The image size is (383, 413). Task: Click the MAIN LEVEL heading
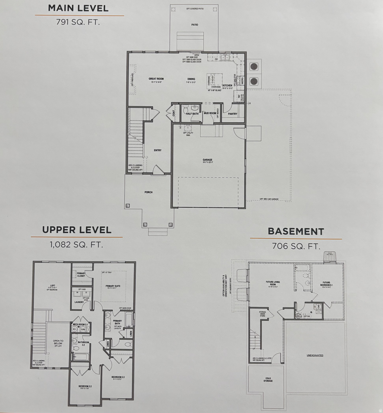coord(78,8)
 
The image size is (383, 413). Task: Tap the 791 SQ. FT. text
coord(78,22)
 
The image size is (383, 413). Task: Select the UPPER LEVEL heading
coord(77,230)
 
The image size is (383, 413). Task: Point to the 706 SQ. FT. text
coord(296,246)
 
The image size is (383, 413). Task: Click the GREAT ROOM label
coord(156,79)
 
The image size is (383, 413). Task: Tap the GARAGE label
coord(207,160)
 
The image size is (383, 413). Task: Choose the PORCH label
coord(148,192)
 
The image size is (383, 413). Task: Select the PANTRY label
coord(233,114)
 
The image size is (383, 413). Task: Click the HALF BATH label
coord(192,114)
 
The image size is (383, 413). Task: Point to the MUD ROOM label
coord(210,113)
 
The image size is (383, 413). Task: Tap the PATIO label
coord(195,25)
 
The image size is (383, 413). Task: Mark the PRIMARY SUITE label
coord(113,286)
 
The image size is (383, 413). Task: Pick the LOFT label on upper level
coord(53,286)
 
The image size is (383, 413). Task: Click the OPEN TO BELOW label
coord(58,342)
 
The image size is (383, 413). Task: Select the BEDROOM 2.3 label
coord(118,377)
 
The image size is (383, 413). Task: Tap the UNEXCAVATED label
coord(315,355)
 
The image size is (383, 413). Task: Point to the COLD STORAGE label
coord(268,379)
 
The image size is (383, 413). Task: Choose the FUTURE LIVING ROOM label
coord(273,283)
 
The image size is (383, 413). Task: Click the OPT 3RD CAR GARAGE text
coord(269,199)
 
